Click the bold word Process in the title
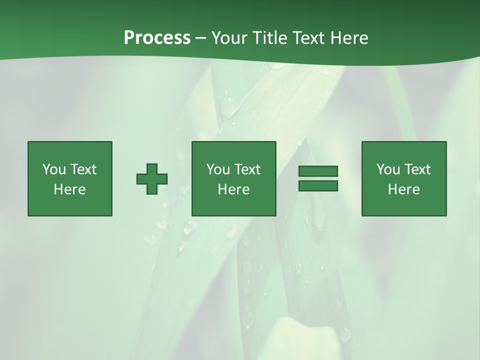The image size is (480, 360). [x=157, y=38]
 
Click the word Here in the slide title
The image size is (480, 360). [x=350, y=38]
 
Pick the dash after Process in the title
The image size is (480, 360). [x=201, y=38]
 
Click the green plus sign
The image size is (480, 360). [x=152, y=179]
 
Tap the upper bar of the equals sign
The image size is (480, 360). [x=318, y=171]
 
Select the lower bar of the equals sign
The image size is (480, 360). [x=318, y=186]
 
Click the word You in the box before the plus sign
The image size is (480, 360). [x=54, y=169]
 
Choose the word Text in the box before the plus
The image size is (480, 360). [x=83, y=169]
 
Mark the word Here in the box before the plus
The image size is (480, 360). [x=70, y=189]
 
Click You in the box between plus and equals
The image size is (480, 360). [x=218, y=169]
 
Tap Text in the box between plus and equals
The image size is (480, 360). [x=247, y=169]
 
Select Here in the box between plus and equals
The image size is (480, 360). [x=234, y=189]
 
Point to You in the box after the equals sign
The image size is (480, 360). [x=388, y=169]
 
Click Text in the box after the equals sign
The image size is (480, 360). [x=417, y=169]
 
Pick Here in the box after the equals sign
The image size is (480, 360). [x=404, y=189]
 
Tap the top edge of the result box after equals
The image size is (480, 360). [x=404, y=142]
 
